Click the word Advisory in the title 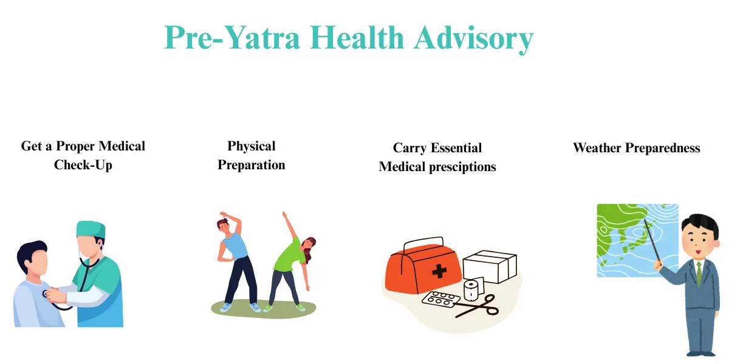[473, 38]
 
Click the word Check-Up [83, 165]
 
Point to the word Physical [252, 146]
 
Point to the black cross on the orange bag [439, 271]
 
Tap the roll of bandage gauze [471, 289]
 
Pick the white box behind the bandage [490, 266]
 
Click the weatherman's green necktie [699, 273]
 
